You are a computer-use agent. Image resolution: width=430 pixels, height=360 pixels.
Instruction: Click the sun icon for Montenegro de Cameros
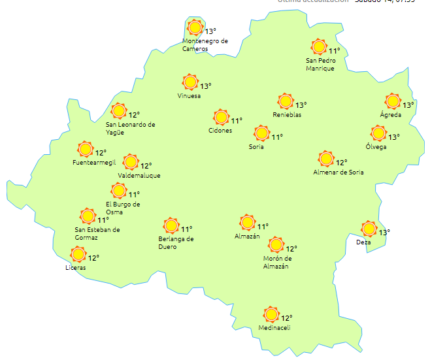[195, 27]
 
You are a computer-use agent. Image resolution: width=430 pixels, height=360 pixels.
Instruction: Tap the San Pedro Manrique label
[321, 65]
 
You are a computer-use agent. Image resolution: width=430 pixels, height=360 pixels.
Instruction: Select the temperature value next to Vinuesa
[206, 86]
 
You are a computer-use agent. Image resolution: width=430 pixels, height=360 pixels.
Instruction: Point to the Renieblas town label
[287, 115]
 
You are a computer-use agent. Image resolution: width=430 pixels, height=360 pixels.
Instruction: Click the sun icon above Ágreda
[393, 101]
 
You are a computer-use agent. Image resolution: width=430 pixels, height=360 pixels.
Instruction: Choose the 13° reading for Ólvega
[394, 137]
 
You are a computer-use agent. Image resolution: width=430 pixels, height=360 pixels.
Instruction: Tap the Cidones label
[220, 131]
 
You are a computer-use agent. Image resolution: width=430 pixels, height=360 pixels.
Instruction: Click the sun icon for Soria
[261, 134]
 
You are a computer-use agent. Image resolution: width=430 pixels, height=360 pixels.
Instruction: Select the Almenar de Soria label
[339, 172]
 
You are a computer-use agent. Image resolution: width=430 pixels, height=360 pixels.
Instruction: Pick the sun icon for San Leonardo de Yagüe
[118, 111]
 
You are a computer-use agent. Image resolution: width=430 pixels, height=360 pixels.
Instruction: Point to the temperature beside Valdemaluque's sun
[146, 166]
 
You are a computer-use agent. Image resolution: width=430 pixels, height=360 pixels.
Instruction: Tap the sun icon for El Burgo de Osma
[118, 191]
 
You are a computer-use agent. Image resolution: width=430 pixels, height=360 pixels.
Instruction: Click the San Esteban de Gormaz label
[97, 233]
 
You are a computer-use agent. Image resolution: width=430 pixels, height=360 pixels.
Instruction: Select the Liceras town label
[76, 268]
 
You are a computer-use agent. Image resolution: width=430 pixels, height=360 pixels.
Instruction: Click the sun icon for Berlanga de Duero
[171, 225]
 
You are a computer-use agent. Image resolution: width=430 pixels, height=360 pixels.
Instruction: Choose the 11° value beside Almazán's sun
[263, 227]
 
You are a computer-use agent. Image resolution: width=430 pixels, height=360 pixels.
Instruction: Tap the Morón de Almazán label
[276, 262]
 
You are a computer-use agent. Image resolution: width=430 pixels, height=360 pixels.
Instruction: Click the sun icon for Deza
[369, 229]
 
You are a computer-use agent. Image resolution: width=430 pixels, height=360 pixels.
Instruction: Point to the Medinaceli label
[274, 328]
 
